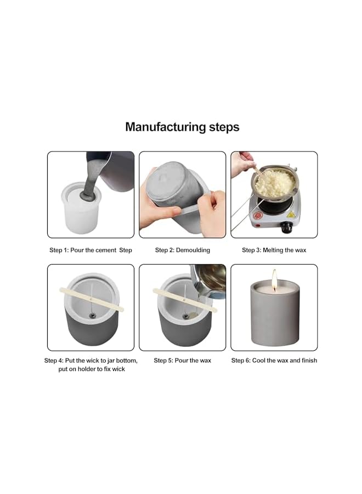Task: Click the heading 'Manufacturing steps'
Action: click(x=182, y=127)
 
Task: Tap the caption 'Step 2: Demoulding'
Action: click(x=182, y=250)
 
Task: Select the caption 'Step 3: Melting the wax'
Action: click(x=274, y=250)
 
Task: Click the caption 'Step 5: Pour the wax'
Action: click(x=182, y=361)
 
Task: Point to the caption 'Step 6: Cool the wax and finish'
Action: click(x=274, y=361)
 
